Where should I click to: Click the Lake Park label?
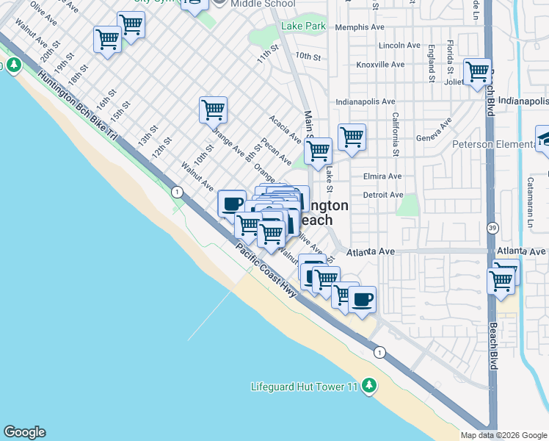303,26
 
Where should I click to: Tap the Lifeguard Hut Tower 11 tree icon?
369,386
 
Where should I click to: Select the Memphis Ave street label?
360,27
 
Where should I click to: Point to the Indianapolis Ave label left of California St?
366,101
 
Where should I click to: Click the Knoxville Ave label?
380,65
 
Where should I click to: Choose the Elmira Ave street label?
382,176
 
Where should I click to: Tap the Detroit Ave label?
383,195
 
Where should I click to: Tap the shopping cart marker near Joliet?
477,72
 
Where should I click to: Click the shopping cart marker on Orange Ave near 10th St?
213,110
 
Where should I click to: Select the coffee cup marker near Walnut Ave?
232,203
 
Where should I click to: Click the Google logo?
24,432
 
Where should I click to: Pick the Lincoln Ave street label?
399,46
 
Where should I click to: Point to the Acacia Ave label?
285,128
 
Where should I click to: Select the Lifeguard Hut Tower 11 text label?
303,387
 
